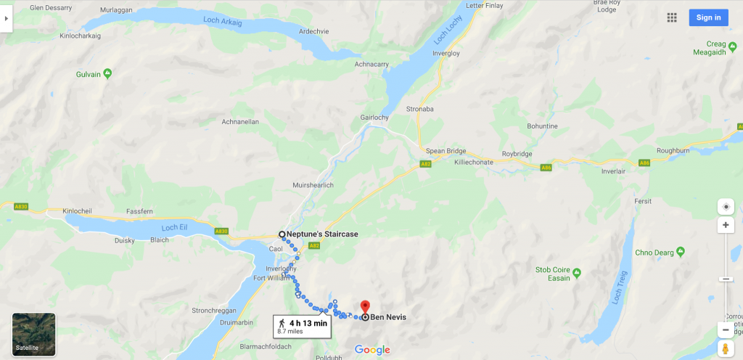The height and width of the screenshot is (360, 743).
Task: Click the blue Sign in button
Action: (x=708, y=17)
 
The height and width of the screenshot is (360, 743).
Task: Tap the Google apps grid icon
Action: (x=672, y=17)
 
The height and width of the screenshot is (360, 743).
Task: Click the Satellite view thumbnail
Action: (x=34, y=335)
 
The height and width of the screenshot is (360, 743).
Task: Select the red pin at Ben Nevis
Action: (x=365, y=307)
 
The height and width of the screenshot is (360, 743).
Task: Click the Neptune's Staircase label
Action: (x=322, y=234)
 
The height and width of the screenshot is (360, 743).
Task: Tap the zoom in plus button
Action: (x=726, y=226)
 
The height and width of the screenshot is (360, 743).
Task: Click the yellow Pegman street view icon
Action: (x=726, y=349)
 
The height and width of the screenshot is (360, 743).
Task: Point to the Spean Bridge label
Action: (x=446, y=151)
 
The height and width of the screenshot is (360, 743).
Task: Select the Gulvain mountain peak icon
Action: (x=107, y=73)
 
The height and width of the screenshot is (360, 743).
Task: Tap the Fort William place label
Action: (x=271, y=278)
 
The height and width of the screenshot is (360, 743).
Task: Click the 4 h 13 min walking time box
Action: (x=303, y=326)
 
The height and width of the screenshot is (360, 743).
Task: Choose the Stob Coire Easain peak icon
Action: (x=576, y=273)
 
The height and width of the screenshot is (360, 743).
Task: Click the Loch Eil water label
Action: (x=174, y=227)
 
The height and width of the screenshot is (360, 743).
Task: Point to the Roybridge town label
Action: (x=517, y=154)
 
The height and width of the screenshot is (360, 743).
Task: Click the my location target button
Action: (x=726, y=207)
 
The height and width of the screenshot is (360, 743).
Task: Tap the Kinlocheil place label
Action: (x=81, y=210)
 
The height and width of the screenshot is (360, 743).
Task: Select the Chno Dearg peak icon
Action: (x=680, y=253)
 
